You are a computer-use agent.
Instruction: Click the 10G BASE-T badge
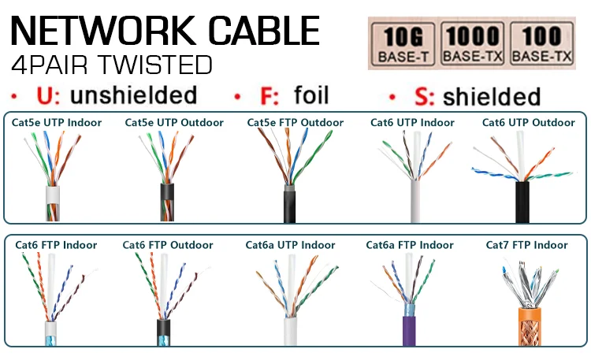pyautogui.click(x=403, y=44)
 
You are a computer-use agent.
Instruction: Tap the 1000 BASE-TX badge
pyautogui.click(x=473, y=44)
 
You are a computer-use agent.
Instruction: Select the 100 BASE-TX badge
pyautogui.click(x=541, y=44)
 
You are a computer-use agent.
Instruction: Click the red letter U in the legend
pyautogui.click(x=46, y=96)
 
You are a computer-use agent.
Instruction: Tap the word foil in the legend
pyautogui.click(x=310, y=96)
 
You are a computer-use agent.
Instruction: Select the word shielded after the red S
pyautogui.click(x=491, y=97)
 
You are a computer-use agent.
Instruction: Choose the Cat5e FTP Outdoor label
pyautogui.click(x=295, y=123)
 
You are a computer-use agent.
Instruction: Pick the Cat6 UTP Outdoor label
pyautogui.click(x=529, y=123)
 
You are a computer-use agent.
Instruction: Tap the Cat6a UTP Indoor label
pyautogui.click(x=290, y=245)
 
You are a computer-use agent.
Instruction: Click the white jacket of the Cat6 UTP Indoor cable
pyautogui.click(x=415, y=203)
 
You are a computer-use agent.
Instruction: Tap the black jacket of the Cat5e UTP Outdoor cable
pyautogui.click(x=166, y=202)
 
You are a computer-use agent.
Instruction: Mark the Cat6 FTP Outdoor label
pyautogui.click(x=168, y=245)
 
